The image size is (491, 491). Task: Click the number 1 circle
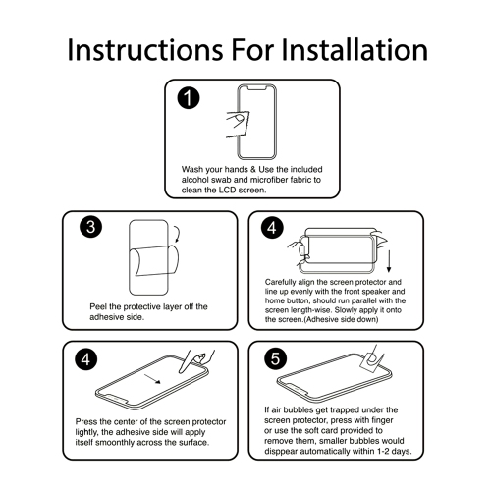pyautogui.click(x=189, y=98)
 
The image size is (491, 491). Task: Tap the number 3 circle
pyautogui.click(x=90, y=227)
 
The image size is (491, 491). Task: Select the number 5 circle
pyautogui.click(x=275, y=358)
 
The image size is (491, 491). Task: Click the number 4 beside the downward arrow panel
pyautogui.click(x=272, y=228)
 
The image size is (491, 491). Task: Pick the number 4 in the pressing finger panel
pyautogui.click(x=85, y=359)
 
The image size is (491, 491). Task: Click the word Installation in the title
pyautogui.click(x=355, y=50)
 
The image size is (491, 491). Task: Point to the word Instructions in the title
pyautogui.click(x=145, y=50)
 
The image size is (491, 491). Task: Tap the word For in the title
pyautogui.click(x=252, y=50)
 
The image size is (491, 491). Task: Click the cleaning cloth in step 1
pyautogui.click(x=238, y=125)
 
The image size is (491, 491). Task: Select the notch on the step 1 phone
pyautogui.click(x=256, y=87)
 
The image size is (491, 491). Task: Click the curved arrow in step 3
pyautogui.click(x=177, y=234)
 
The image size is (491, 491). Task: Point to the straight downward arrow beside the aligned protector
pyautogui.click(x=389, y=261)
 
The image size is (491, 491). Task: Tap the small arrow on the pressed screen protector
pyautogui.click(x=152, y=379)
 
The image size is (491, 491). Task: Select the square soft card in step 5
pyautogui.click(x=371, y=360)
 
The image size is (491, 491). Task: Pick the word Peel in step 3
pyautogui.click(x=98, y=306)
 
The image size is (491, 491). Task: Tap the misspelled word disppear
pyautogui.click(x=281, y=452)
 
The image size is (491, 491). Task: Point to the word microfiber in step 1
pyautogui.click(x=269, y=180)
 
